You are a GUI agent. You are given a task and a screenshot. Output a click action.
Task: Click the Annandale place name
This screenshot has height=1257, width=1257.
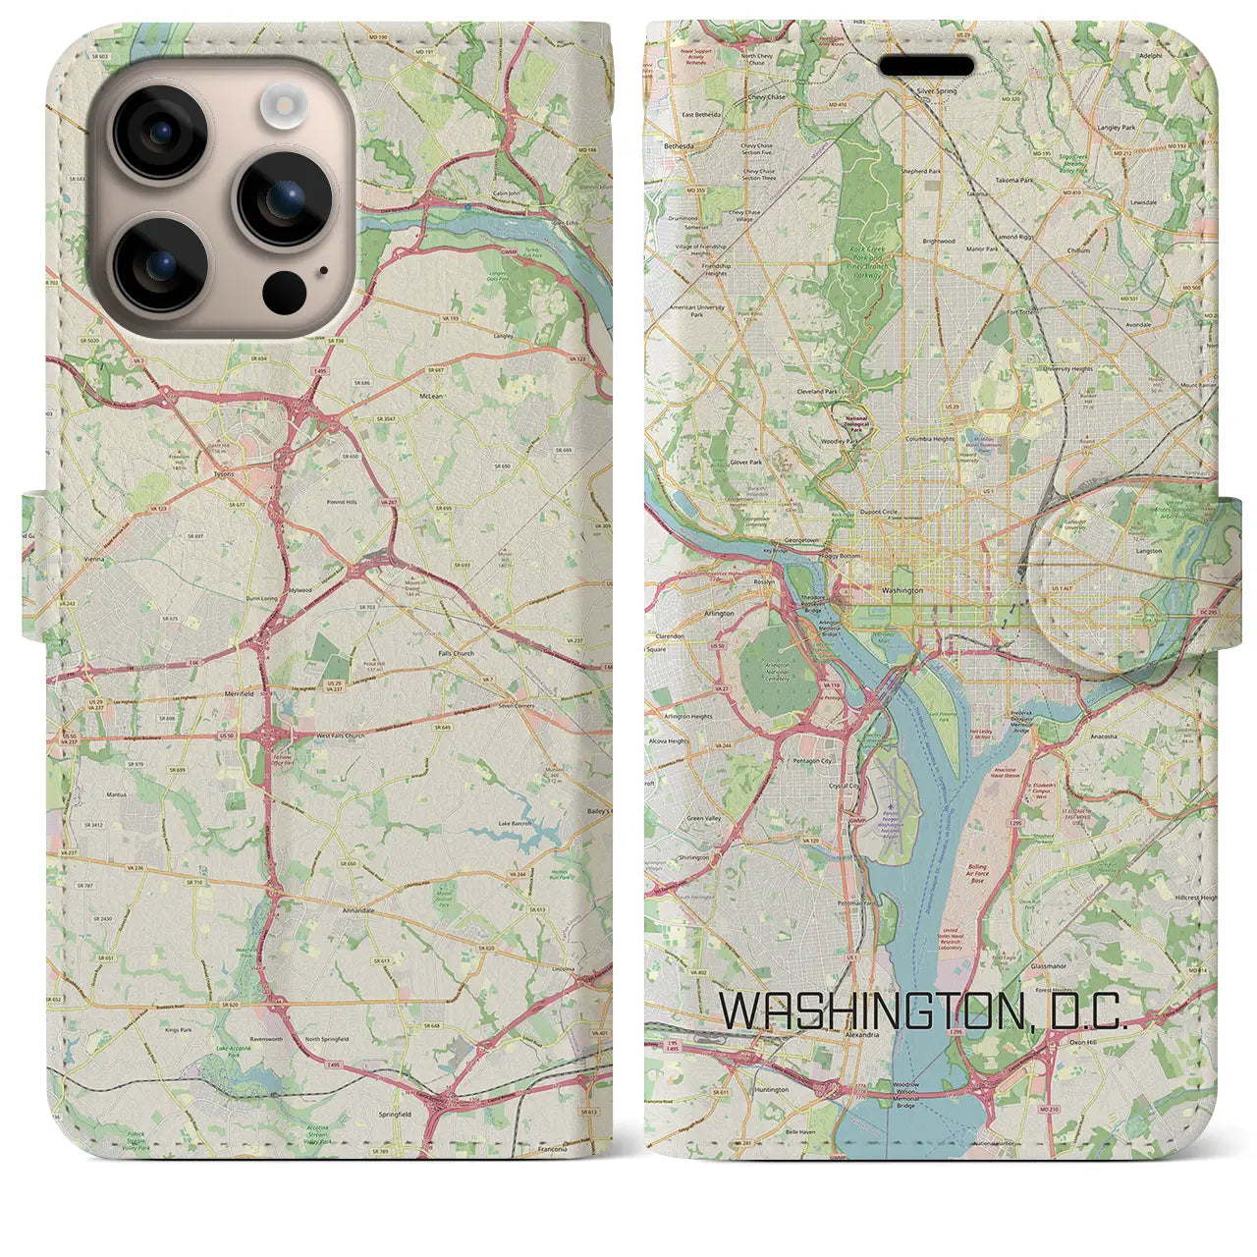point(356,910)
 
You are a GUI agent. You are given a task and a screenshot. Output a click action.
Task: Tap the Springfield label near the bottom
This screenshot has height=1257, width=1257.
point(396,1115)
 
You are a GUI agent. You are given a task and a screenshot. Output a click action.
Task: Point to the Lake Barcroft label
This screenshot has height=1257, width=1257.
point(517,823)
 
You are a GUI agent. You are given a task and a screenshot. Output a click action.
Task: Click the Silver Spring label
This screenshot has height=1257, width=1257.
point(936,90)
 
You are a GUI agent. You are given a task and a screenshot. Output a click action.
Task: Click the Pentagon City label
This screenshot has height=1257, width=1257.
point(813,761)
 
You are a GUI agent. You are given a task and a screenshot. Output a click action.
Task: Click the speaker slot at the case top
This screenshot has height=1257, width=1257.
point(926,66)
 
